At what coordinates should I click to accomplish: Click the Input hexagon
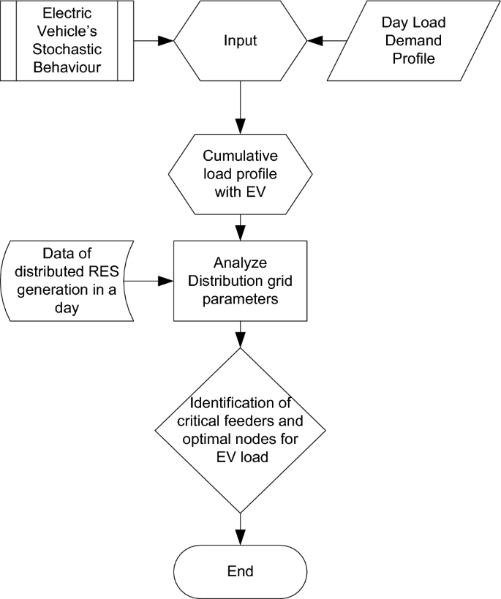pos(240,40)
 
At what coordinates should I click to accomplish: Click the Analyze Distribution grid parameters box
pos(240,279)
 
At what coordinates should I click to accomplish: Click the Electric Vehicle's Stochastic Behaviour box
pos(67,40)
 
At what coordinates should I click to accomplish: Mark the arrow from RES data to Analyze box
pos(151,279)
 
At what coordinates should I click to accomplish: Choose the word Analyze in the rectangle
pos(240,263)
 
